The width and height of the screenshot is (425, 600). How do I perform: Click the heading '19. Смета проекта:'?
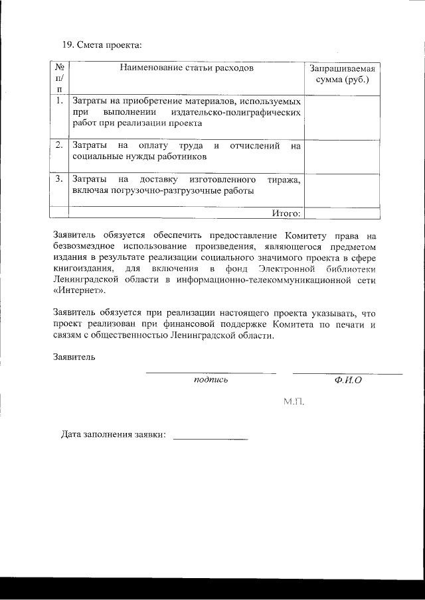click(x=102, y=45)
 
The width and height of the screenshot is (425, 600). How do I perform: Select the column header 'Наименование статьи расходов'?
click(x=187, y=68)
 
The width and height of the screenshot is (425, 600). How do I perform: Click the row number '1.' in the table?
click(x=59, y=101)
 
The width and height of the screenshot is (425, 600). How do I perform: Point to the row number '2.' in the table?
click(x=59, y=145)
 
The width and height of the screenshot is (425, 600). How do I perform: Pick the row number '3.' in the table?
click(x=59, y=179)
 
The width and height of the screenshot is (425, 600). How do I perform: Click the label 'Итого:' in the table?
click(x=286, y=213)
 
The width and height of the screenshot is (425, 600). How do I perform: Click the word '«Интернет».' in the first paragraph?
click(x=78, y=291)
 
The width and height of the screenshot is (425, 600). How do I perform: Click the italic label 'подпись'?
click(x=211, y=381)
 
